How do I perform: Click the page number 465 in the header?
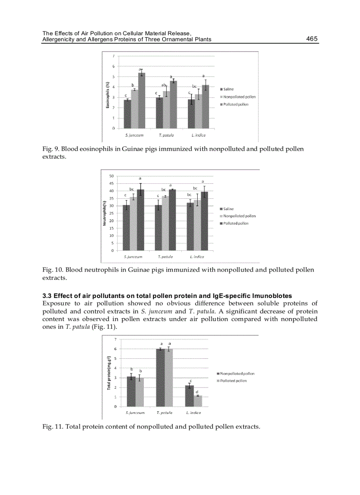(311, 39)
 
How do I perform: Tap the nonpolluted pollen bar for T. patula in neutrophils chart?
(165, 223)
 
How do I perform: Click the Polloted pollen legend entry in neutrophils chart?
(236, 223)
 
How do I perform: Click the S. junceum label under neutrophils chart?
(133, 257)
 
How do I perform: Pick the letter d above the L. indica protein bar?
(197, 391)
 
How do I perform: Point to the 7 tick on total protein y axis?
(116, 339)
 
